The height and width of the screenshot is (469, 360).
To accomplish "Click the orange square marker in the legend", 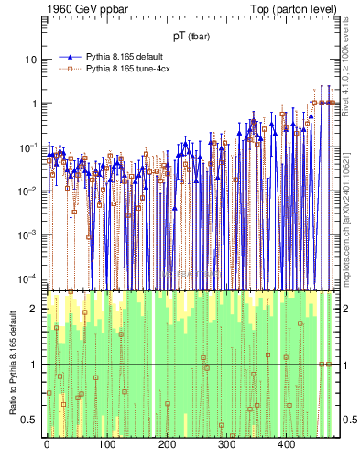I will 68,68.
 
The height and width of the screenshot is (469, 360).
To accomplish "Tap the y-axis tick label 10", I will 31,60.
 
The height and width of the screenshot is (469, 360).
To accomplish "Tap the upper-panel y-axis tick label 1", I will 34,104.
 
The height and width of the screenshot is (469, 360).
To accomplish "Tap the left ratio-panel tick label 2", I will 35,309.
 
